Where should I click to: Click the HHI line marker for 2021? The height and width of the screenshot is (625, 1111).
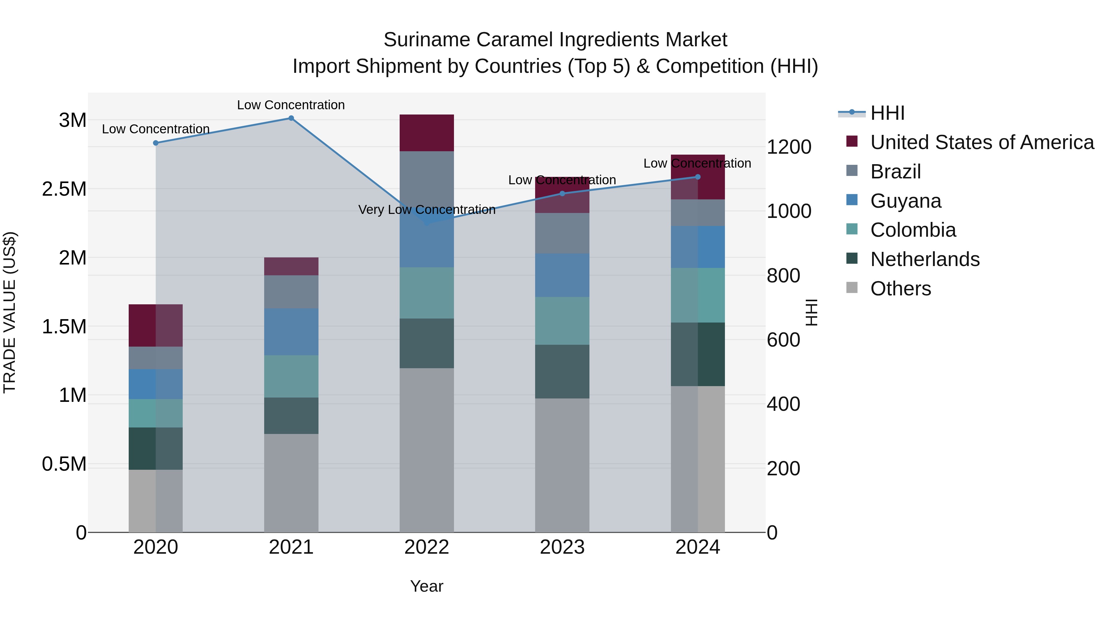pos(291,118)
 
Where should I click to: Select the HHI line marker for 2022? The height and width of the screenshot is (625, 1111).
pos(427,223)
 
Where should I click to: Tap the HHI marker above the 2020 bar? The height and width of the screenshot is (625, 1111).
pos(156,143)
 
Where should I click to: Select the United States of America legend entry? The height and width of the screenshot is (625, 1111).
pos(982,142)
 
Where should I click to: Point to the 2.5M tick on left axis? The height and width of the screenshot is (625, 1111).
pos(64,189)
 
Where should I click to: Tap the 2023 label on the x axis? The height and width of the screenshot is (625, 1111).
pos(562,547)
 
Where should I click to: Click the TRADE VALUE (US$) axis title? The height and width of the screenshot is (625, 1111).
pos(10,312)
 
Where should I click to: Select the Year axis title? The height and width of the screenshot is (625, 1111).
pos(427,586)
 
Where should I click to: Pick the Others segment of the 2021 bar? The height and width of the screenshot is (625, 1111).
pos(291,483)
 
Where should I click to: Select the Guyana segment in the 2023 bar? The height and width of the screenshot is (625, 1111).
pos(562,275)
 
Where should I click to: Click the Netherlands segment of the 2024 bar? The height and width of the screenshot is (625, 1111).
pos(698,354)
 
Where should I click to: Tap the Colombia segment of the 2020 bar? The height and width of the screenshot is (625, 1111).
pos(156,413)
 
